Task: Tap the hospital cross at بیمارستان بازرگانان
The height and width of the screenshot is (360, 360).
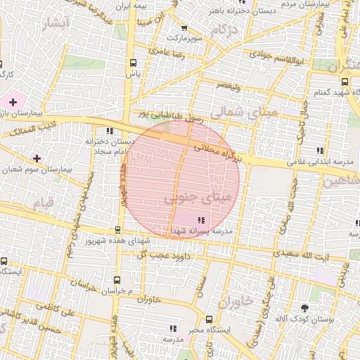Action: point(13,102)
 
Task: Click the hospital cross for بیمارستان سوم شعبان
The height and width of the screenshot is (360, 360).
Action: point(37,158)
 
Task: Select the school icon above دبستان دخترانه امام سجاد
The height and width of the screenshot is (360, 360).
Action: point(109,131)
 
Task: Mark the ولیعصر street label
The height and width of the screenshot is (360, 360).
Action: point(228,86)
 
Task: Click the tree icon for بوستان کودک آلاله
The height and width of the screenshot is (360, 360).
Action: point(304,308)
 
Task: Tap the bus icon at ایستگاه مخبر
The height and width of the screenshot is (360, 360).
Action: point(200,318)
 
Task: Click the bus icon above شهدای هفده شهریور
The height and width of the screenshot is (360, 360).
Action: point(118,230)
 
